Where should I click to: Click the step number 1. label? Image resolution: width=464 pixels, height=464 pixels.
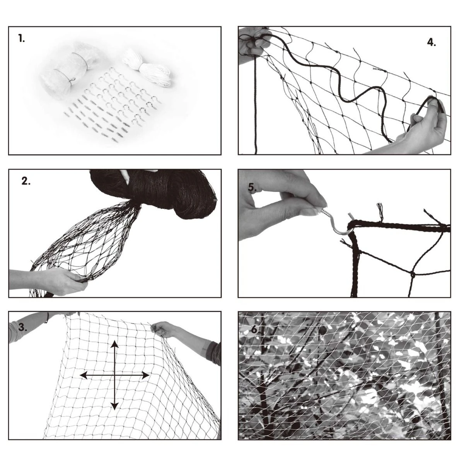tap(22, 39)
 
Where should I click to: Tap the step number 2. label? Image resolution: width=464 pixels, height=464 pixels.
tap(26, 181)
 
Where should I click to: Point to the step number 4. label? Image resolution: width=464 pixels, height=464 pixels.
tap(431, 43)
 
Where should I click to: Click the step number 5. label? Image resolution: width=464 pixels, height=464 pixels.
tap(252, 187)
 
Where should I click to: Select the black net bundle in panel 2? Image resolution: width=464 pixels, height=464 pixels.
tap(154, 193)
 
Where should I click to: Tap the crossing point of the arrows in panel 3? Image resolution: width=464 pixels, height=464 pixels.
tap(114, 375)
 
